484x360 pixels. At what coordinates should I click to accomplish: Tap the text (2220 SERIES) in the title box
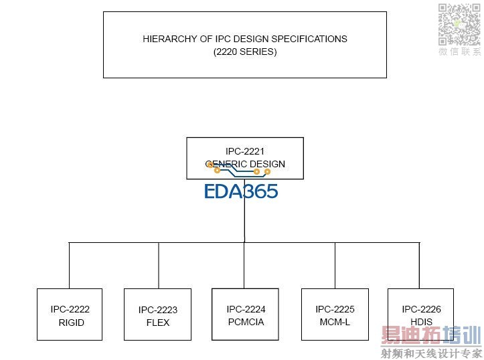(244, 52)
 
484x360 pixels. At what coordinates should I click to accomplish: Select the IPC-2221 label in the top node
(244, 151)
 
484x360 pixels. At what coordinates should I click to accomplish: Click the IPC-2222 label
(70, 309)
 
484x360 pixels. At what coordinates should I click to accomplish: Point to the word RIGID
(71, 323)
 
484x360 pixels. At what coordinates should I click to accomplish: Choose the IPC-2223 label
(158, 310)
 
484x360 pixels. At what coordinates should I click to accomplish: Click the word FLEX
(158, 323)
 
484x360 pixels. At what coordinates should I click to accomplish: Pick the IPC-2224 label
(246, 309)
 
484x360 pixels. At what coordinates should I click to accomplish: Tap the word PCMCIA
(246, 322)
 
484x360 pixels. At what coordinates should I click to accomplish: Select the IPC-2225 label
(335, 309)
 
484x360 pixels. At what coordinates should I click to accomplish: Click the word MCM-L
(335, 322)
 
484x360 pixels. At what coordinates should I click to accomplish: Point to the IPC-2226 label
(421, 309)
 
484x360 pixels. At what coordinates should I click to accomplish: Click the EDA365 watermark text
(241, 191)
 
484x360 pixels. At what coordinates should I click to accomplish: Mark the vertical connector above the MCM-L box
(335, 265)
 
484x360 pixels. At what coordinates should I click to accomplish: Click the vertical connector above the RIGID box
(70, 265)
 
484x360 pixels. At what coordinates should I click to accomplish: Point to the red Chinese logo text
(431, 335)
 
